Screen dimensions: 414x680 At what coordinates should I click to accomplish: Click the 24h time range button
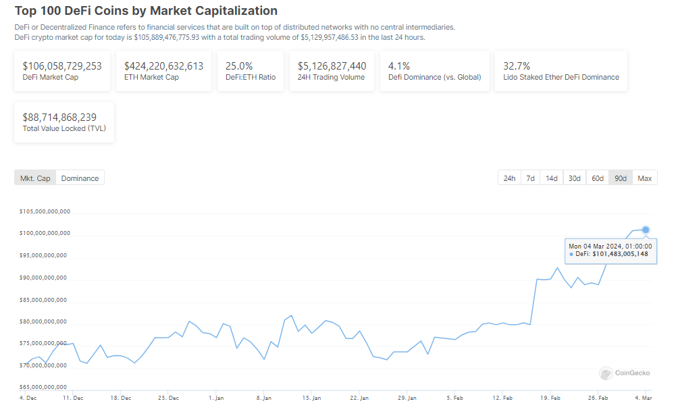pyautogui.click(x=509, y=178)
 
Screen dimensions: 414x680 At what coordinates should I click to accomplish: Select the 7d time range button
pyautogui.click(x=531, y=178)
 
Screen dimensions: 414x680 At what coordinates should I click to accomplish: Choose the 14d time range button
pyautogui.click(x=552, y=178)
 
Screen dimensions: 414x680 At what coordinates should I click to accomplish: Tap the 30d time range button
pyautogui.click(x=575, y=178)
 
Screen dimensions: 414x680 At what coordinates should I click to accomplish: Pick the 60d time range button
pyautogui.click(x=598, y=178)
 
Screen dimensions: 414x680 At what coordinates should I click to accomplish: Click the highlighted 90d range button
pyautogui.click(x=621, y=178)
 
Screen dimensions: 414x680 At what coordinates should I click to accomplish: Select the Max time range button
pyautogui.click(x=645, y=178)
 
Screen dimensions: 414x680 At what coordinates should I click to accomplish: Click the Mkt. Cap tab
pyautogui.click(x=35, y=178)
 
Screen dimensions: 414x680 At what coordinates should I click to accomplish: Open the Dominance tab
pyautogui.click(x=80, y=178)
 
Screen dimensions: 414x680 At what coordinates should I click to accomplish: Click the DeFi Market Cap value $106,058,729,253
pyautogui.click(x=62, y=66)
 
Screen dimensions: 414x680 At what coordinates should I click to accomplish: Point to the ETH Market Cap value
pyautogui.click(x=163, y=66)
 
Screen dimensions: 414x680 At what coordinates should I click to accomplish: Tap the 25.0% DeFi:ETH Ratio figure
pyautogui.click(x=239, y=66)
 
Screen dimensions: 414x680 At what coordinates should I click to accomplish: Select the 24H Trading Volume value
pyautogui.click(x=332, y=66)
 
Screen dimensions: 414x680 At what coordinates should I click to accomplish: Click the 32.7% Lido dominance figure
pyautogui.click(x=517, y=66)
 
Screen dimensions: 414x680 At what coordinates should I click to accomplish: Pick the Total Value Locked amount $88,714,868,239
pyautogui.click(x=59, y=117)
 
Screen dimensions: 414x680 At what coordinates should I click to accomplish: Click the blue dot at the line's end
pyautogui.click(x=646, y=230)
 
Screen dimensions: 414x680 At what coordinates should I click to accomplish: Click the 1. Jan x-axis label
pyautogui.click(x=217, y=398)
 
